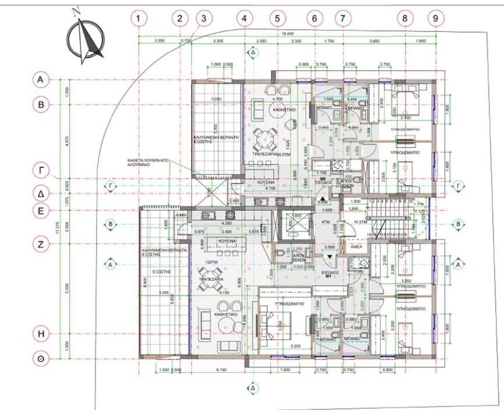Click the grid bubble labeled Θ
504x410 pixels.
point(41,360)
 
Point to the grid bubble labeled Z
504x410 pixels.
point(41,245)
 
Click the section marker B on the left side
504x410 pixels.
point(110,223)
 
